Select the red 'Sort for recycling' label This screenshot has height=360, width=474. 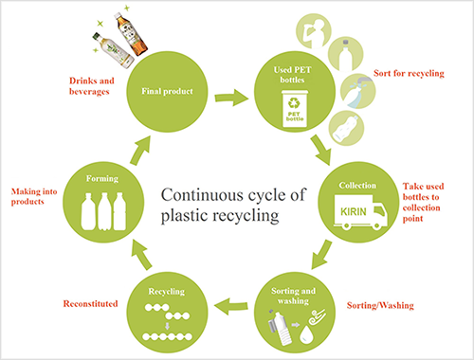[x=415, y=72]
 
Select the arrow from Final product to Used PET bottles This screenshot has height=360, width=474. [x=228, y=97]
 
